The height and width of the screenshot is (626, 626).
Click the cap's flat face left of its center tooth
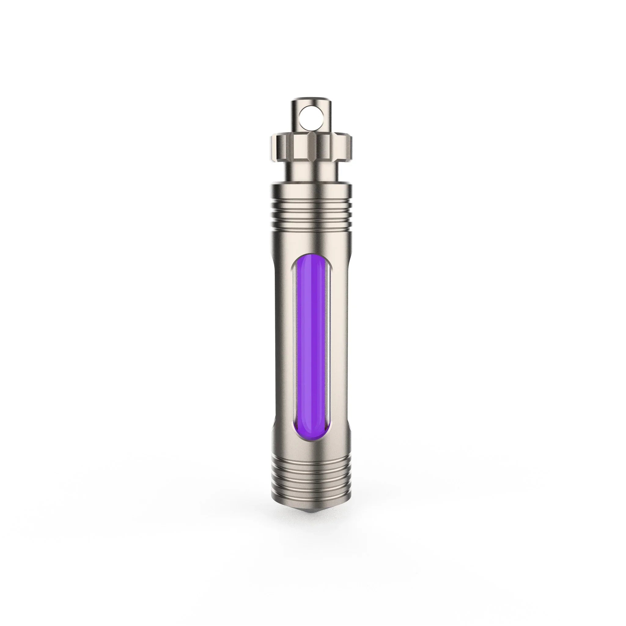pos(293,144)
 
